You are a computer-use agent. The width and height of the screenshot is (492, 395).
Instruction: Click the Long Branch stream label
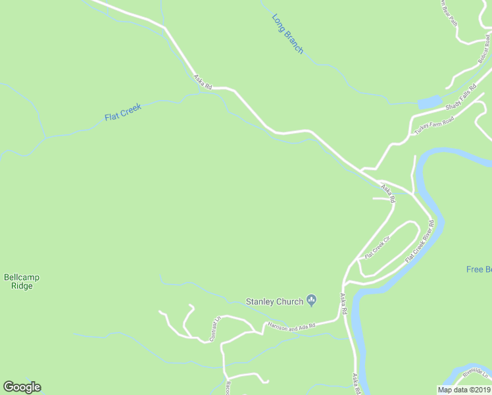(x=287, y=34)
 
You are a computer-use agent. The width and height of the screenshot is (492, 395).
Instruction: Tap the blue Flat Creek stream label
(x=123, y=112)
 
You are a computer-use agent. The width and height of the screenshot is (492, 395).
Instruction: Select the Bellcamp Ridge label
(x=21, y=282)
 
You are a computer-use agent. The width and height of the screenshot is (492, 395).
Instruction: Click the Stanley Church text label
(x=274, y=302)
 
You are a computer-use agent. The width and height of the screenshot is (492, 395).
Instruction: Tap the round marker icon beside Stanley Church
(x=312, y=302)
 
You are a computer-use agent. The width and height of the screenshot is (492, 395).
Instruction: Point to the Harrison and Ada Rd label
(x=291, y=325)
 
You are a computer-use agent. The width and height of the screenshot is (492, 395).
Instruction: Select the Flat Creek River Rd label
(x=420, y=242)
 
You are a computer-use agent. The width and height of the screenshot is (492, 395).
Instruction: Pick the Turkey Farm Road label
(x=434, y=126)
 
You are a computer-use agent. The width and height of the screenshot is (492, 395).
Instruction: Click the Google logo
(x=22, y=387)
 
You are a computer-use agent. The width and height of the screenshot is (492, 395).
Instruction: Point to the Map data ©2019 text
(x=464, y=390)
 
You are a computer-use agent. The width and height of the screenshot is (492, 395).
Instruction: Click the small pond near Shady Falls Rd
(x=429, y=102)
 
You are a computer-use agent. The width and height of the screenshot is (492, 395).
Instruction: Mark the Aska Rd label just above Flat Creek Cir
(x=387, y=193)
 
